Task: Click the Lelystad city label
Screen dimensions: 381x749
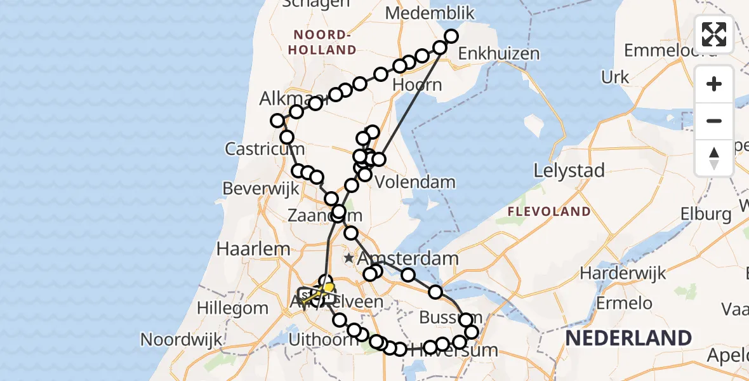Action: click(x=569, y=170)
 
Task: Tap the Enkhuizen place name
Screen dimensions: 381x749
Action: click(x=498, y=54)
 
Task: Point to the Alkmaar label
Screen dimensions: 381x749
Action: click(x=286, y=99)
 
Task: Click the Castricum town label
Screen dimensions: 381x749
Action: click(x=265, y=150)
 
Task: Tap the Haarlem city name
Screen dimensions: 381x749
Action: click(x=253, y=248)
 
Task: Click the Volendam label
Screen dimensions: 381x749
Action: click(x=415, y=182)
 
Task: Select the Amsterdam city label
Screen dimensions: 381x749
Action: click(x=408, y=258)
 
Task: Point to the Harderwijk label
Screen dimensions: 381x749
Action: click(x=623, y=273)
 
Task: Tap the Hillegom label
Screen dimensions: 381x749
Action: click(x=232, y=308)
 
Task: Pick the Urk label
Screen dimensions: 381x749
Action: click(x=614, y=77)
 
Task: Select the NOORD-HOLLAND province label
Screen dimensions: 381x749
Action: click(x=324, y=42)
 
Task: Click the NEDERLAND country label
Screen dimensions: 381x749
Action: click(x=628, y=338)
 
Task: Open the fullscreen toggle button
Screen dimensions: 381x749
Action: click(x=714, y=34)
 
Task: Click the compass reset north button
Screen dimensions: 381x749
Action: click(x=714, y=157)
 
